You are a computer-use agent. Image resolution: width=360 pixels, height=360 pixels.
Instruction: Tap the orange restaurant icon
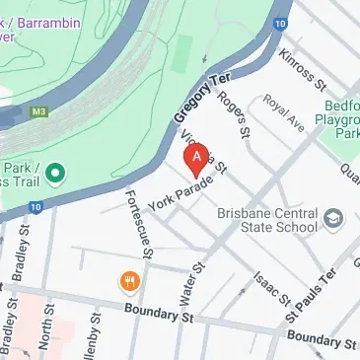click(129, 283)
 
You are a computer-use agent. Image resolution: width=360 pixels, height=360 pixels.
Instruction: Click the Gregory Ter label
click(195, 102)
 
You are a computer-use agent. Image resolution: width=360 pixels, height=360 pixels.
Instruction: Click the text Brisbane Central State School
click(267, 219)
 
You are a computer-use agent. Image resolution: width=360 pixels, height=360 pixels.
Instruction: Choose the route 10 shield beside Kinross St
click(281, 22)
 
